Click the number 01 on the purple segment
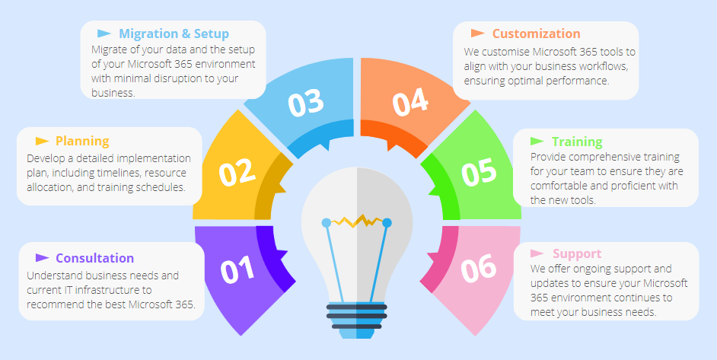(237, 269)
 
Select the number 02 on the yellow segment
(237, 172)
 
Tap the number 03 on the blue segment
(306, 103)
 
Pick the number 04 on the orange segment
(410, 103)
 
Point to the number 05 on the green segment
(479, 171)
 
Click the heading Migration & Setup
(174, 33)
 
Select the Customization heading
(536, 33)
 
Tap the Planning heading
(82, 141)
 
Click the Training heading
(577, 142)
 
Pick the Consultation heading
(94, 258)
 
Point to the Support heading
(577, 253)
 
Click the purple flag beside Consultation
(42, 258)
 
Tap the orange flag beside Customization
(478, 33)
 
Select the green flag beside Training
(537, 141)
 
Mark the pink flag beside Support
(537, 253)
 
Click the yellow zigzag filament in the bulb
(357, 221)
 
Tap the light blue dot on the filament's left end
(326, 223)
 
